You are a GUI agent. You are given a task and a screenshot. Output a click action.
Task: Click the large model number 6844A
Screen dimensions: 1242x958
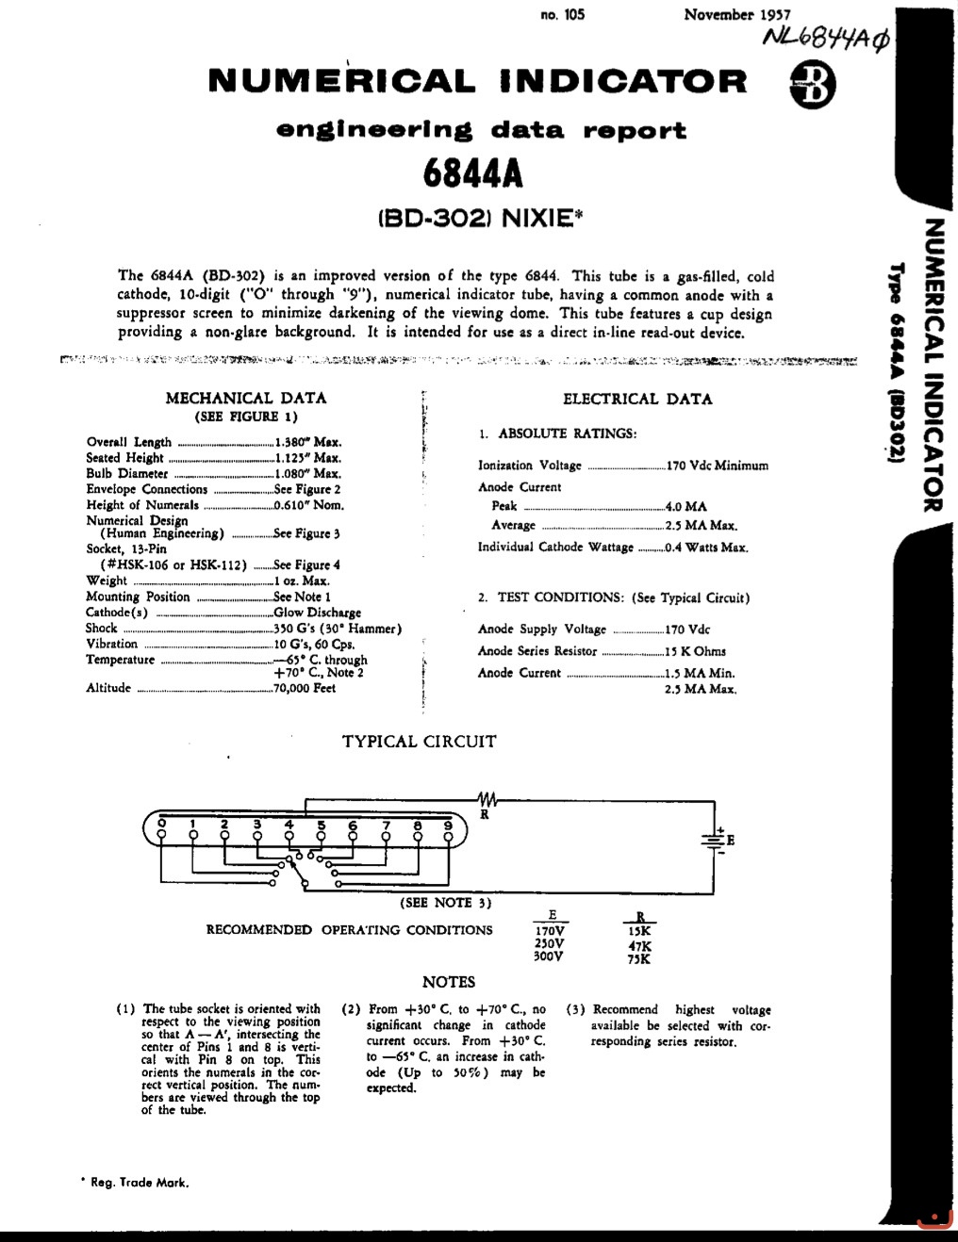(472, 172)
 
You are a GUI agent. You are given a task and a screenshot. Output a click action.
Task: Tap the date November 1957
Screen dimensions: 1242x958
(736, 14)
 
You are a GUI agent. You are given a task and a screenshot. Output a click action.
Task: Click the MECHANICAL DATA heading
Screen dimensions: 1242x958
(246, 399)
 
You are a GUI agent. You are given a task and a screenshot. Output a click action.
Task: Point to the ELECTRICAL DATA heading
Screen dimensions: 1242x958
(637, 399)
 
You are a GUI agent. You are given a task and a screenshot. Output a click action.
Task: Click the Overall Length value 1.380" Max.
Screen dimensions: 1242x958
(308, 442)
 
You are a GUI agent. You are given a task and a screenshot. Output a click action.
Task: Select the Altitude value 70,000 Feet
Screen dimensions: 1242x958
(305, 688)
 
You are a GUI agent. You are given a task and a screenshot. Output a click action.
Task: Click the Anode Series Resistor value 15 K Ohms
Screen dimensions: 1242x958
(695, 651)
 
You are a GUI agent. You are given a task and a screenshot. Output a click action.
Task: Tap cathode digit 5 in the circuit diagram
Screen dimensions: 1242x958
(321, 826)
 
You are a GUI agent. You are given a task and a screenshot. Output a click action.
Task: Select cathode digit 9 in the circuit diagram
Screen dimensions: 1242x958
(448, 826)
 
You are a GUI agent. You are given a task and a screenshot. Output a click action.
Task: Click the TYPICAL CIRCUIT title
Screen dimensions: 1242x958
(419, 742)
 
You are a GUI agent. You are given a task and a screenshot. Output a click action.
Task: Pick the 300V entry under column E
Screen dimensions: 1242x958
(549, 956)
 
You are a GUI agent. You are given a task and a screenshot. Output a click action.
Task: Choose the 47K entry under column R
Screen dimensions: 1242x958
(639, 946)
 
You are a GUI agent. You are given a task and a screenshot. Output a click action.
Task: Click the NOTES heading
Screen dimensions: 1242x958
(449, 982)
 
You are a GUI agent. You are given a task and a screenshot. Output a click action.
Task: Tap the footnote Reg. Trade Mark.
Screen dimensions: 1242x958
(139, 1183)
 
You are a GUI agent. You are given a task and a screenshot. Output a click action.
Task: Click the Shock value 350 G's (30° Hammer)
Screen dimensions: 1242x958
(338, 629)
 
